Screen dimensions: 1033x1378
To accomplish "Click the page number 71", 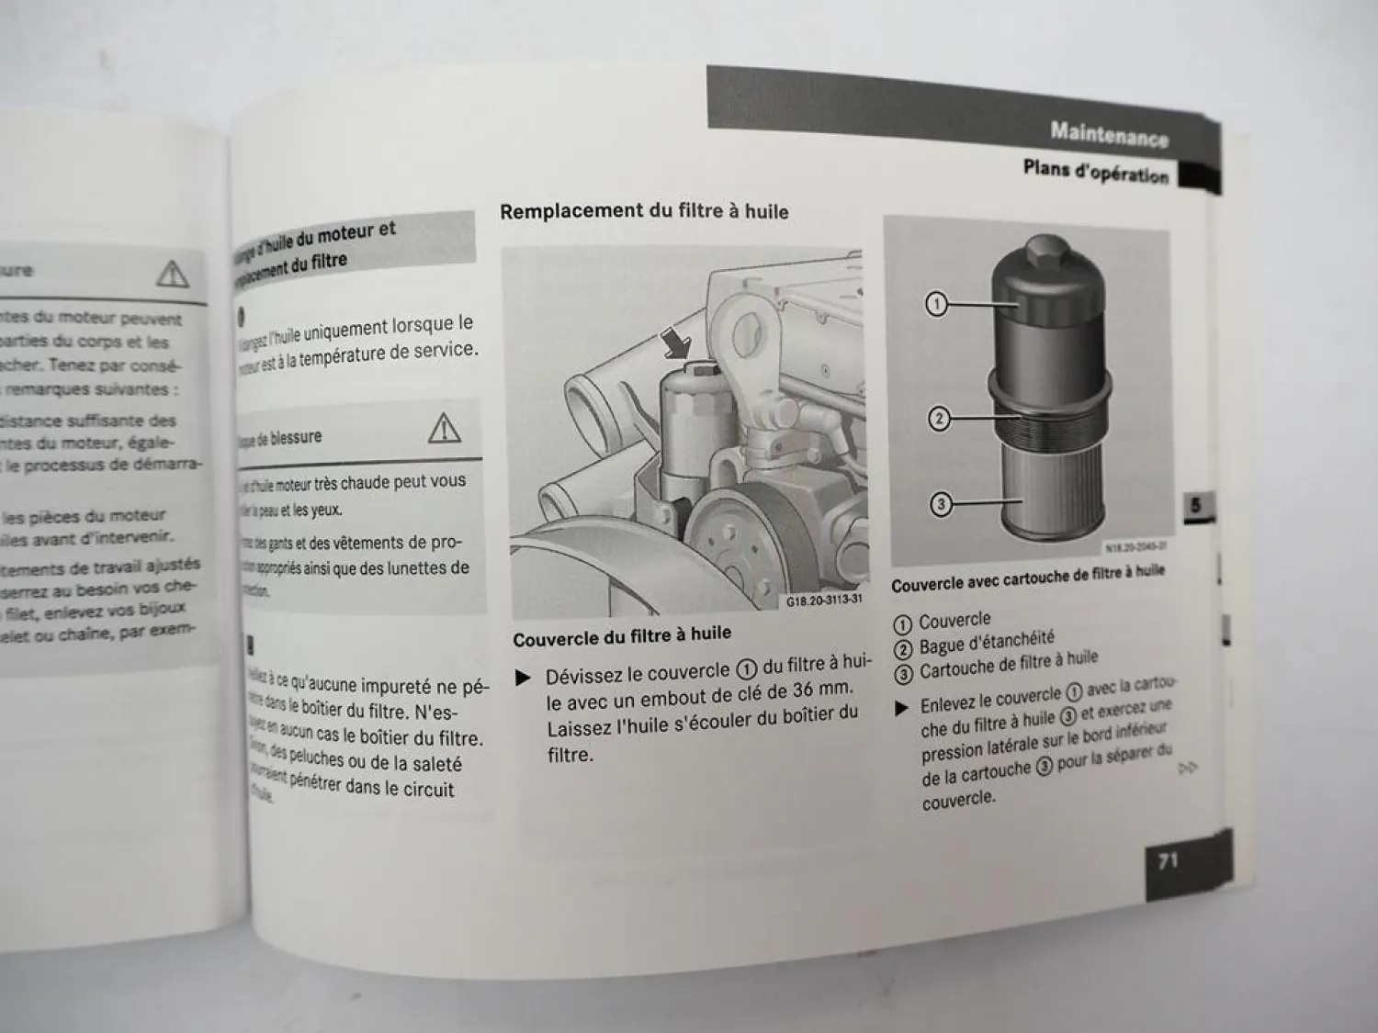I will point(1168,861).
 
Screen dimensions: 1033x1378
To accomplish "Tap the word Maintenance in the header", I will point(1109,134).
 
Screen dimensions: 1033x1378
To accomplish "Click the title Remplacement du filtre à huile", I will point(644,211).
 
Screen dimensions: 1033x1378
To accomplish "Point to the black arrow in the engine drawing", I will point(678,345).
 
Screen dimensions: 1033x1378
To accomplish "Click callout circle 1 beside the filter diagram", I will point(935,304).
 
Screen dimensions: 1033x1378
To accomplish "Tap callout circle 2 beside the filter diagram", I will point(938,420).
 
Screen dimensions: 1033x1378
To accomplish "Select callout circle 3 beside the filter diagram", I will point(940,504).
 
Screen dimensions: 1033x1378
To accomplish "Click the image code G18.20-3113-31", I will point(824,601).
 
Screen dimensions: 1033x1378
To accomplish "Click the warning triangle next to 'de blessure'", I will point(444,428).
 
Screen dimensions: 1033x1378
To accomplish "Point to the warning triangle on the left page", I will point(172,273).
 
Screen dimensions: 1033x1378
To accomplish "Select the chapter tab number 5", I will point(1196,505).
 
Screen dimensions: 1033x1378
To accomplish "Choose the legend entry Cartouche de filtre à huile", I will point(1008,664).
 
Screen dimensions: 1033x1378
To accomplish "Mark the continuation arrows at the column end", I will point(1188,768).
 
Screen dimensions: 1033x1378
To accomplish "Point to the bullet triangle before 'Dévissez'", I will point(524,679).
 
